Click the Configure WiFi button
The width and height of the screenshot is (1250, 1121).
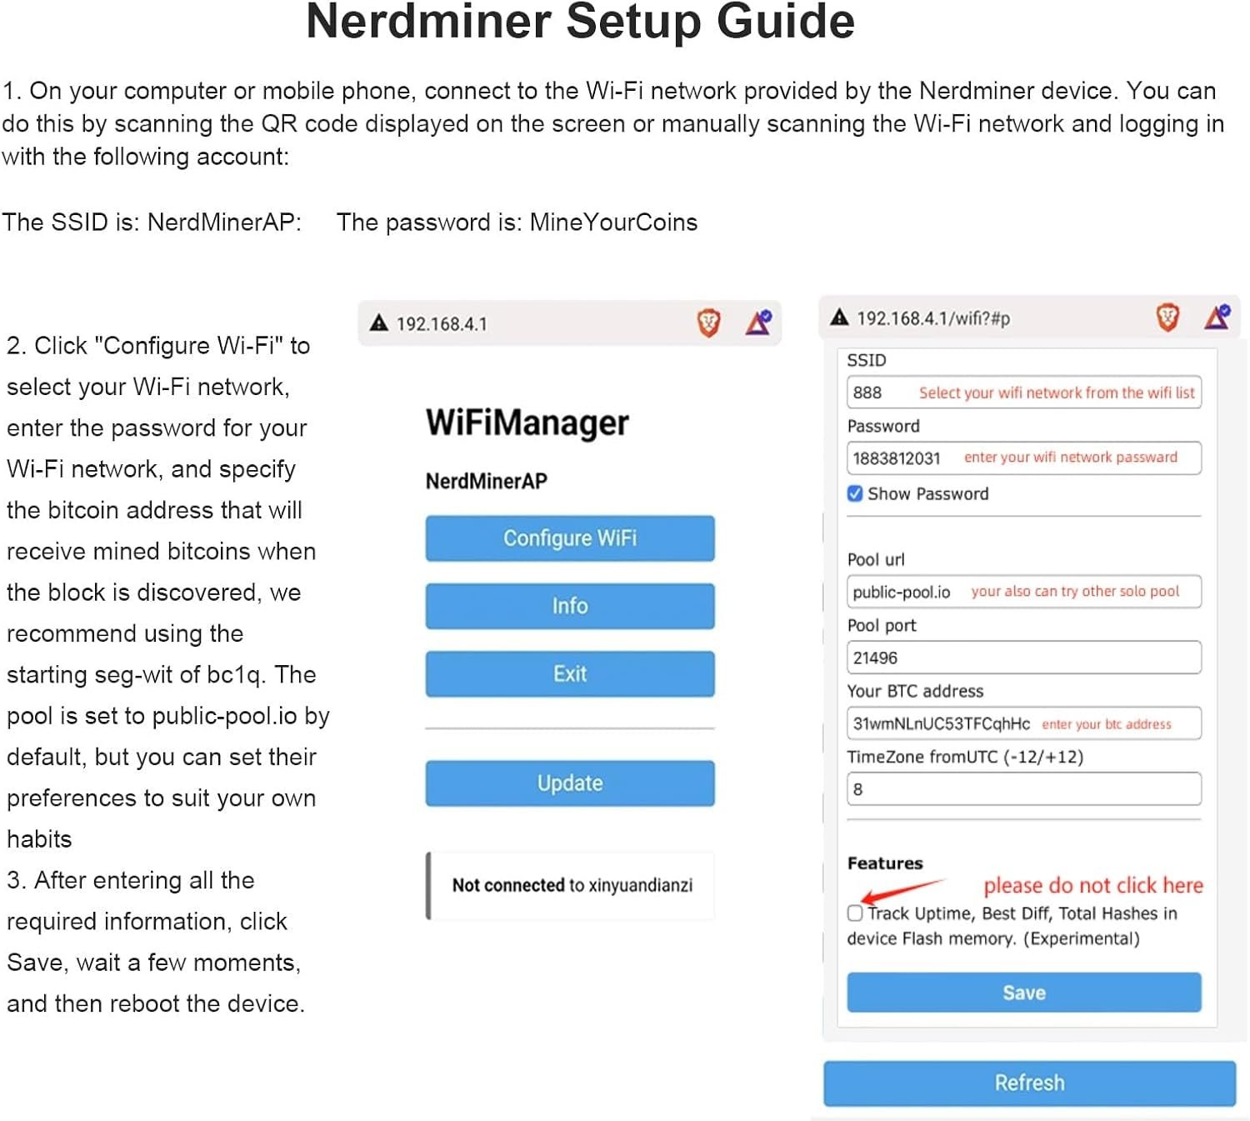pos(569,538)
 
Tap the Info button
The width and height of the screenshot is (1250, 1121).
pos(569,606)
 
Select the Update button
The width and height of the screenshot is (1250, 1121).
pos(569,783)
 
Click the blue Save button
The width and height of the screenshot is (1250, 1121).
pos(1023,992)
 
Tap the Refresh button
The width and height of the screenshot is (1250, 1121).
pos(1029,1082)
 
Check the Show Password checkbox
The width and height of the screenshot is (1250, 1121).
pos(854,493)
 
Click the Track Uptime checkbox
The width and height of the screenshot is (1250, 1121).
pos(854,913)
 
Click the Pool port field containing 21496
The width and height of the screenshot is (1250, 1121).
pos(1023,658)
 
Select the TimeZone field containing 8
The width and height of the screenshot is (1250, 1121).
pos(1023,789)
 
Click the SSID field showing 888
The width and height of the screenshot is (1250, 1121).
pos(1023,392)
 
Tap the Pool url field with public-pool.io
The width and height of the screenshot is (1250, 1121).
pos(1023,592)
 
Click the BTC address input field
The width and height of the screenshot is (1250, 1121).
pos(1023,723)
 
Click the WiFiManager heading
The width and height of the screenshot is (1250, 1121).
pos(527,423)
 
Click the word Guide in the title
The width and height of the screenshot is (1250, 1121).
pos(785,23)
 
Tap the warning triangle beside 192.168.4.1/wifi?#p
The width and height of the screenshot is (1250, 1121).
pos(839,318)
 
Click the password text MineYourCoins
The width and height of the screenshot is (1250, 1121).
pos(613,223)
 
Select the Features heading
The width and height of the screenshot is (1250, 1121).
pos(885,863)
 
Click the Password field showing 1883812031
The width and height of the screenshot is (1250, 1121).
pos(1023,458)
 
